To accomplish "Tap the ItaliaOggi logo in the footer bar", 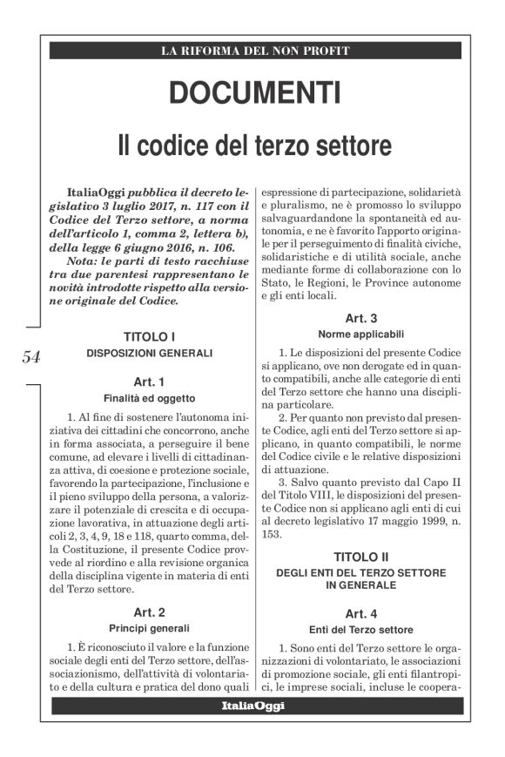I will (253, 706).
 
